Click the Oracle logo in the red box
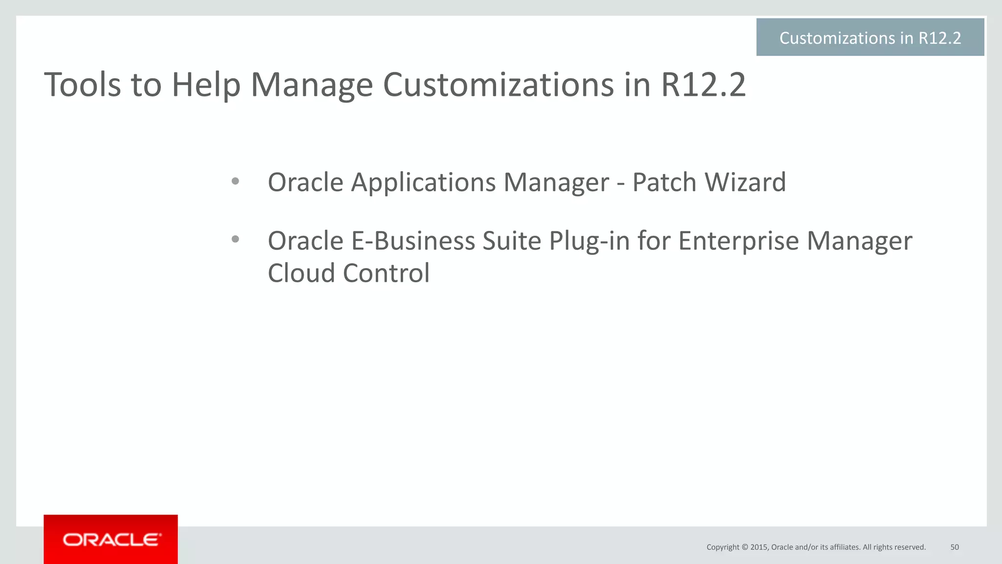coord(111,540)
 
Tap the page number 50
coord(955,547)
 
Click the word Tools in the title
coord(82,85)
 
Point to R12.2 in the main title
coord(703,85)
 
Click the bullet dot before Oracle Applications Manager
coord(235,181)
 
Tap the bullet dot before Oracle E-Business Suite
coord(235,239)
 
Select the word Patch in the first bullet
coord(664,182)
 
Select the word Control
coord(386,273)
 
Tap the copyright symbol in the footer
coord(745,547)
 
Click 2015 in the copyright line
coord(759,547)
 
